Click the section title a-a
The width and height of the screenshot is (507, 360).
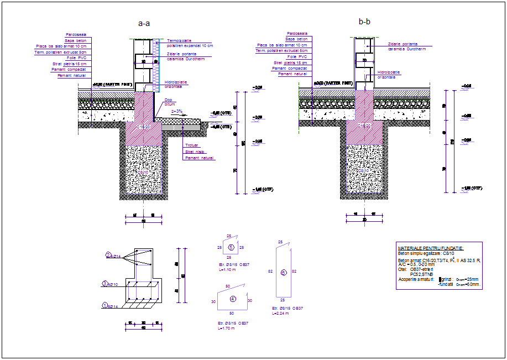(144, 24)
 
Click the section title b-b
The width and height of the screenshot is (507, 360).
(364, 22)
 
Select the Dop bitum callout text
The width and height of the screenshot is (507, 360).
(169, 102)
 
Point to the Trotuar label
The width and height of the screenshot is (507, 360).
(191, 145)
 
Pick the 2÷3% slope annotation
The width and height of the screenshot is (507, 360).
(177, 111)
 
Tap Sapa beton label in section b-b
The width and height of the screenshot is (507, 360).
(297, 39)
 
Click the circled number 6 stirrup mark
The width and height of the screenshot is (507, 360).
(283, 272)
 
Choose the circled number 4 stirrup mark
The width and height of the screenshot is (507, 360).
(232, 299)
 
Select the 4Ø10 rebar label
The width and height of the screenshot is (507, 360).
(111, 284)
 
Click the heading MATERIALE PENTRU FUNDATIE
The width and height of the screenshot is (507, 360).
(431, 248)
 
